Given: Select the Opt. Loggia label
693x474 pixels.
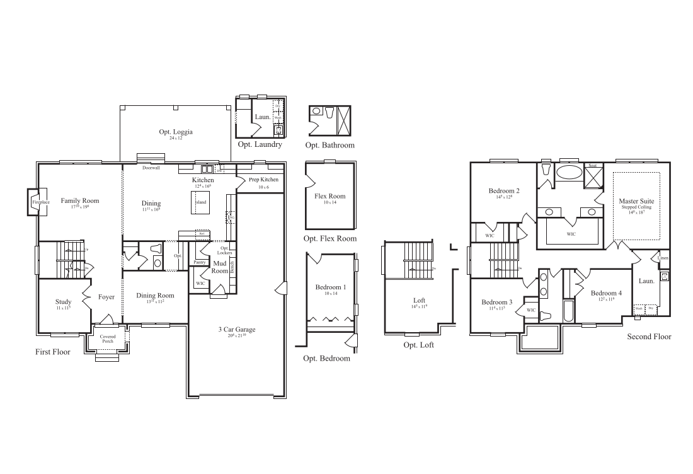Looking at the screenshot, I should click(x=176, y=132).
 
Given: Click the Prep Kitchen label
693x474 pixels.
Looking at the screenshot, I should click(x=259, y=180).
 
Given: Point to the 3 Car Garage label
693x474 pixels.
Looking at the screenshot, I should click(x=236, y=330).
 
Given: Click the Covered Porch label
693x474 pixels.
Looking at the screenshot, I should click(x=108, y=339).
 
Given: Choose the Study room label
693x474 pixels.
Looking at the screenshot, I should click(x=64, y=302).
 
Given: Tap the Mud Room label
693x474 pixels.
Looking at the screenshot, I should click(x=220, y=267).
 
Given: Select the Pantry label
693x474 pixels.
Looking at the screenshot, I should click(x=200, y=262).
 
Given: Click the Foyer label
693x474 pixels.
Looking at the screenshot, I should click(x=106, y=297).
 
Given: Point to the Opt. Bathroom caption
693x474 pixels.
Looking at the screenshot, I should click(x=329, y=145).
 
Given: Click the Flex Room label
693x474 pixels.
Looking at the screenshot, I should click(x=329, y=196).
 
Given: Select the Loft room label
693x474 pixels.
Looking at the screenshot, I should click(x=420, y=300).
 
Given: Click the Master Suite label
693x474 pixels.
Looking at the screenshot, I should click(x=636, y=201).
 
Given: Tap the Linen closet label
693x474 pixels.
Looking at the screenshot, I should click(x=663, y=258).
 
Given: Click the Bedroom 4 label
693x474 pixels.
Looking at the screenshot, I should click(x=606, y=293).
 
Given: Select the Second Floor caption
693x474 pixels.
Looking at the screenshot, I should click(x=649, y=337).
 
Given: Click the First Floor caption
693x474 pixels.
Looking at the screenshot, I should click(x=53, y=352).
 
